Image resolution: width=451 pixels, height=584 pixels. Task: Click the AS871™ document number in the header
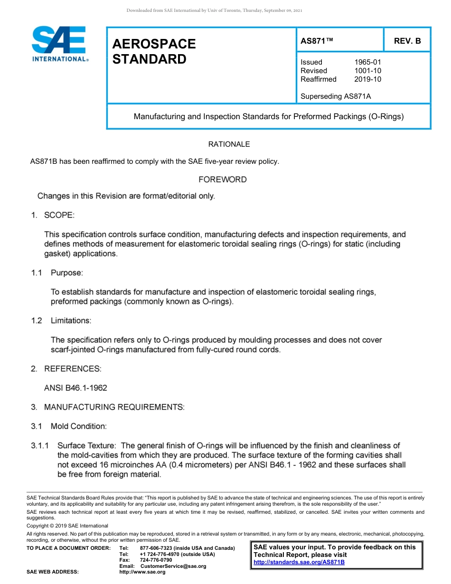point(317,41)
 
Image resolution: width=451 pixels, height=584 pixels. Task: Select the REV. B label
point(407,41)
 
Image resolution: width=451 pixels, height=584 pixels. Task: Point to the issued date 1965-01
point(367,62)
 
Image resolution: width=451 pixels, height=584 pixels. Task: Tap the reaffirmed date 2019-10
point(367,79)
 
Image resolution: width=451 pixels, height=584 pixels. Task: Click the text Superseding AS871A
point(336,96)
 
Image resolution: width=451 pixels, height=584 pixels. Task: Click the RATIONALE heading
point(229,144)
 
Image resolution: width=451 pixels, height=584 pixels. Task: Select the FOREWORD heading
point(223,179)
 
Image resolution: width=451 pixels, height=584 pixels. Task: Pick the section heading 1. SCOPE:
point(53,215)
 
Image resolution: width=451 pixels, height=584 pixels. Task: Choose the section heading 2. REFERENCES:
point(66,368)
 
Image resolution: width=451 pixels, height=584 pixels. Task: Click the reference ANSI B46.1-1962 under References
point(75,388)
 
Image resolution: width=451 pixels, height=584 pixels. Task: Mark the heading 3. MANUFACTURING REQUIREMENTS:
point(107,407)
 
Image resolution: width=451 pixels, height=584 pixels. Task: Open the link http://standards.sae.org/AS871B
point(299,562)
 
